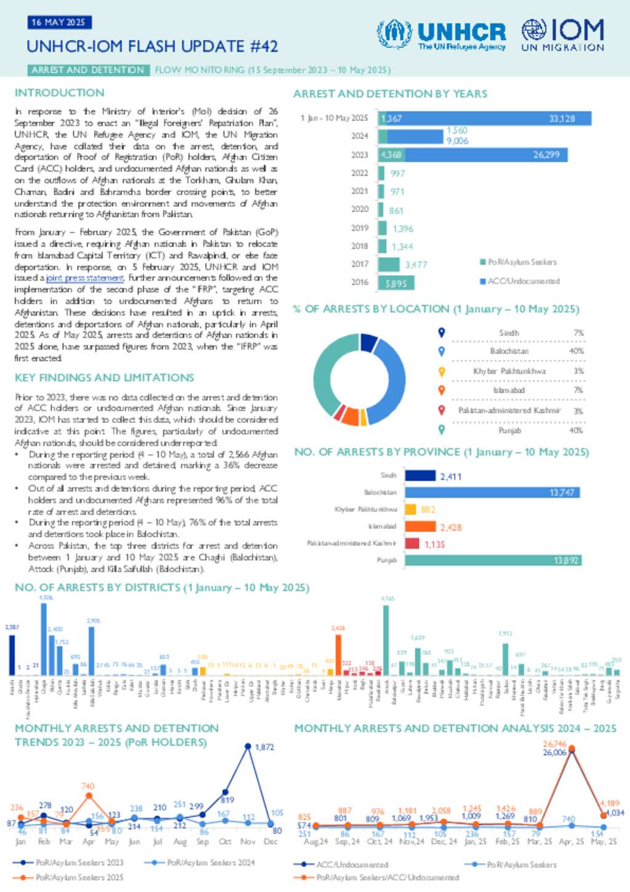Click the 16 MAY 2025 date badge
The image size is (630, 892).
click(x=59, y=23)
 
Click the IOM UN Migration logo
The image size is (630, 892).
click(x=563, y=34)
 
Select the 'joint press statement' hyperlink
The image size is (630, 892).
click(x=85, y=278)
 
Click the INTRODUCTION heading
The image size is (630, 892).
click(x=60, y=93)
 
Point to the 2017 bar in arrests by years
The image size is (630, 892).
click(x=389, y=265)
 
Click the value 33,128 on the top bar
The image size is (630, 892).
click(x=562, y=119)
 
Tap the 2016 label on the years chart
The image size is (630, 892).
click(x=360, y=283)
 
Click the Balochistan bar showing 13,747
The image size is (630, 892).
click(x=492, y=492)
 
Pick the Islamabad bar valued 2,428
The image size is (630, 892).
click(x=421, y=527)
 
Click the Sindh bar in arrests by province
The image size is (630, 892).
click(x=420, y=476)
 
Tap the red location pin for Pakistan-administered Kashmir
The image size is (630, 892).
click(x=441, y=410)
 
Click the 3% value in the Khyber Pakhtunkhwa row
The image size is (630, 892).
click(x=578, y=371)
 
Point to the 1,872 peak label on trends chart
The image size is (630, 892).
click(x=264, y=747)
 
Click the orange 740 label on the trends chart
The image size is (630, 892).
click(x=88, y=786)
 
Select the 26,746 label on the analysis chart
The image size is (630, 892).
click(x=554, y=744)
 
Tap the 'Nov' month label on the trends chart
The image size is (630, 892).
click(x=248, y=842)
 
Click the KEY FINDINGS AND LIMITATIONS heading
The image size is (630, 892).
click(x=105, y=378)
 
